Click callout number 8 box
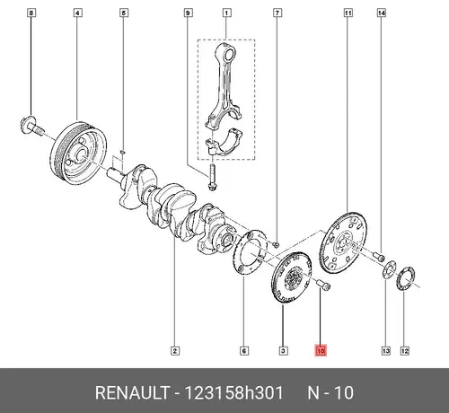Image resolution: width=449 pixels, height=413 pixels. coord(31,13)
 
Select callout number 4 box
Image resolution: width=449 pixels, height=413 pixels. coord(77,13)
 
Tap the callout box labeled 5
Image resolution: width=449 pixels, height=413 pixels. coord(124,13)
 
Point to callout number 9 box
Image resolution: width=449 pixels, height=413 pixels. coord(188,13)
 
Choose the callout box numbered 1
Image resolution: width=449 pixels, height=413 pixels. coord(226,13)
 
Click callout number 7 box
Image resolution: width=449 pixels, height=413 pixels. coord(277,13)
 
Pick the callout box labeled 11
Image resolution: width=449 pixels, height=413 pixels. coord(348,13)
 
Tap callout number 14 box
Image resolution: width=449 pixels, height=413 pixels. coord(381,13)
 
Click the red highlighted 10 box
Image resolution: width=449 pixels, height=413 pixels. coord(321,350)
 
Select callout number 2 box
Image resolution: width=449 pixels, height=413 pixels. coord(175,351)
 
